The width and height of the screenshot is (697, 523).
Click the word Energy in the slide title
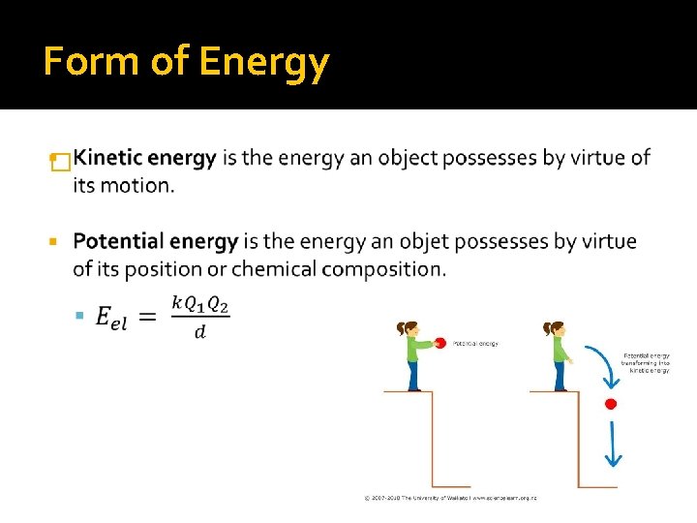264,63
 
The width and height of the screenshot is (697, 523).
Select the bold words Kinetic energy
144,158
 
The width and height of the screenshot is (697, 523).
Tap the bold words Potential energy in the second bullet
155,241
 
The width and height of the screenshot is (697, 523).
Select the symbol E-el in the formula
111,317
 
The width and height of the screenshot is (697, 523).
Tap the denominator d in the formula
199,332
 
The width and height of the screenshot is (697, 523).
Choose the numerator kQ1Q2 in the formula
200,302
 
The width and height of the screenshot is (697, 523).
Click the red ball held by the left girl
440,342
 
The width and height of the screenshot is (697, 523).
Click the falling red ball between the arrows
610,403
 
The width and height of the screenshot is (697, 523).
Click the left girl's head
408,329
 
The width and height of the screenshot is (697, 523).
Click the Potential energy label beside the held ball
475,344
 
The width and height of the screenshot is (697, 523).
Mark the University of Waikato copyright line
450,498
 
